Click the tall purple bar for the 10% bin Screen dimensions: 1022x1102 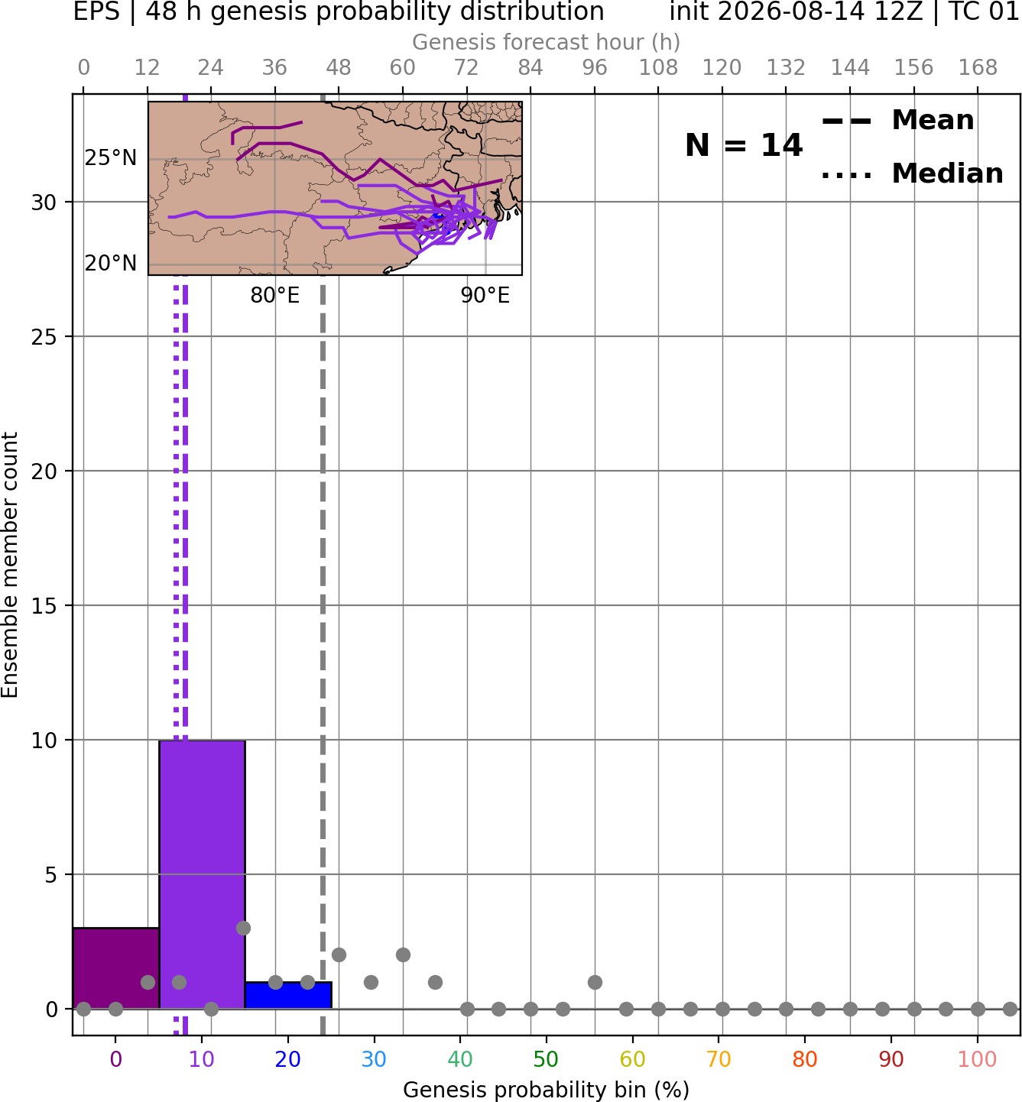202,874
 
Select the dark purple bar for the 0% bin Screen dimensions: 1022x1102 116,968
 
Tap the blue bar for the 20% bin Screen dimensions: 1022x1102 288,996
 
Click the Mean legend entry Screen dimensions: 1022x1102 897,121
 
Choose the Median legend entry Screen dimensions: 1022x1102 912,173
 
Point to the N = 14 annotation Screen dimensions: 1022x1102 744,145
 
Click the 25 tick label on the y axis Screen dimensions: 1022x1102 44,337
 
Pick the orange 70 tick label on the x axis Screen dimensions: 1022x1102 719,1059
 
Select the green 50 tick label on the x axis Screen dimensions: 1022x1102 546,1059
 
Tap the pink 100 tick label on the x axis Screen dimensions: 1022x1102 977,1059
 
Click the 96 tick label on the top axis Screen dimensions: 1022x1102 595,68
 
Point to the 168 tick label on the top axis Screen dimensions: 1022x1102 978,68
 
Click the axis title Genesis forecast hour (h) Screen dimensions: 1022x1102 546,42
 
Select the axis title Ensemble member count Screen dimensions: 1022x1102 10,565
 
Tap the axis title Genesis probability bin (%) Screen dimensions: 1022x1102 546,1090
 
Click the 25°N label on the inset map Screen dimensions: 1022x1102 111,158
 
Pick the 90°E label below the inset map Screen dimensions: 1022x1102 485,295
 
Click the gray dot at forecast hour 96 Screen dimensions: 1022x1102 595,982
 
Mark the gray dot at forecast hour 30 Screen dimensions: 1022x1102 243,928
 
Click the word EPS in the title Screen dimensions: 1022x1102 96,11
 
